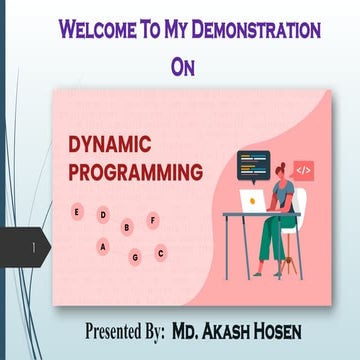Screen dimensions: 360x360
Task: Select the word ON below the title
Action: [x=182, y=68]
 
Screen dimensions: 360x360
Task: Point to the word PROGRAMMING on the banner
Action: [x=135, y=171]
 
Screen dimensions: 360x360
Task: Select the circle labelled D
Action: [x=102, y=215]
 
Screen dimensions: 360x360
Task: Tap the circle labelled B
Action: [x=126, y=227]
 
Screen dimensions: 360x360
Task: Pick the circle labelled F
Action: [x=152, y=218]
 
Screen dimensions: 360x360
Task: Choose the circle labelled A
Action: [x=102, y=246]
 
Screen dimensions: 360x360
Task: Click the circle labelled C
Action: [x=160, y=253]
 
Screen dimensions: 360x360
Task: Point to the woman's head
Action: [x=277, y=150]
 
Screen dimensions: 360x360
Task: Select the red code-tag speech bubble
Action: [x=303, y=171]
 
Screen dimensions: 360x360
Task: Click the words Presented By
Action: [x=123, y=330]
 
